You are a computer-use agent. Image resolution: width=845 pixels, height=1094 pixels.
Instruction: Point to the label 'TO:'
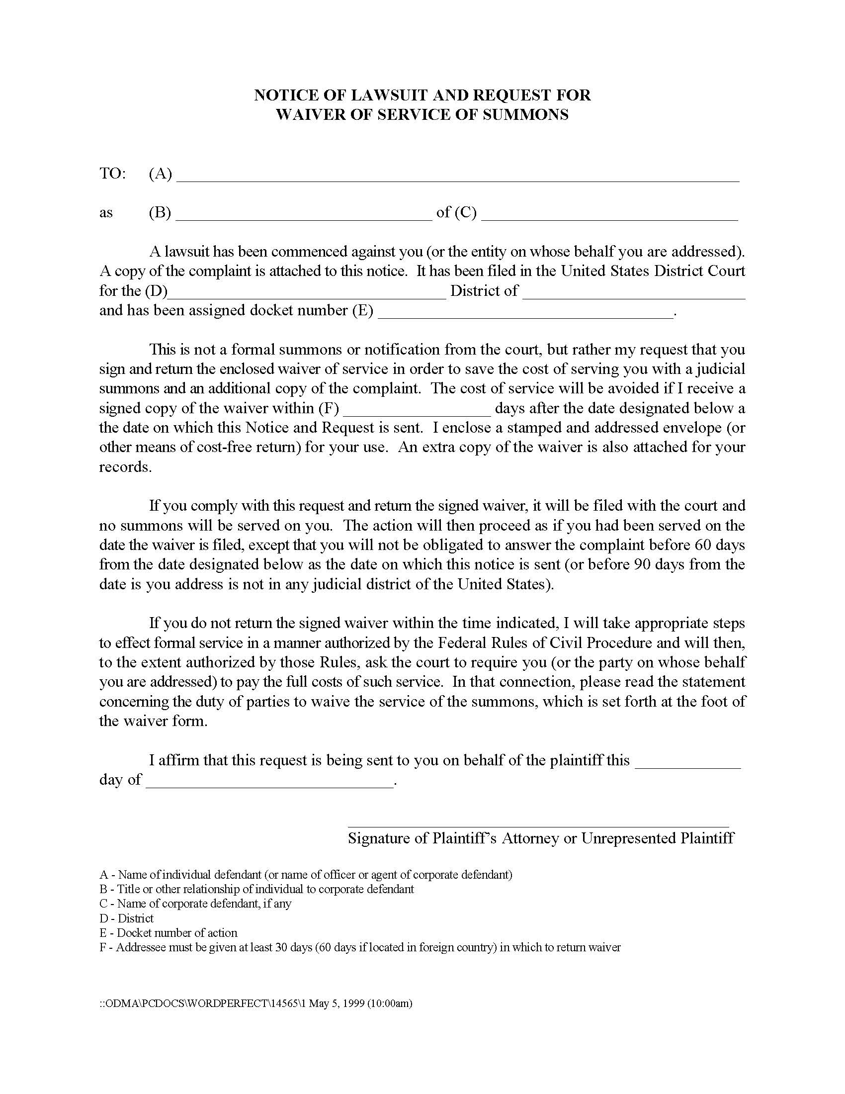(113, 174)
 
